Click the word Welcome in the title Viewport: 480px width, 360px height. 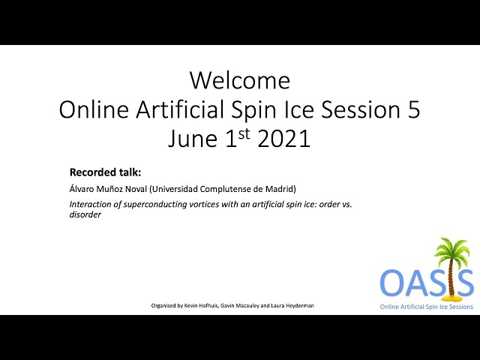240,80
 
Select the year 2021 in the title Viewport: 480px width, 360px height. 284,139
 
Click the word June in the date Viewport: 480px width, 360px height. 193,139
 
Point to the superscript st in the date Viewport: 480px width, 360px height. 244,134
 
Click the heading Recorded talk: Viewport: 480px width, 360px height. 105,172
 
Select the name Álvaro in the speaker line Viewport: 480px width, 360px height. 82,188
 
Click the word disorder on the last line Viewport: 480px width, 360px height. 85,214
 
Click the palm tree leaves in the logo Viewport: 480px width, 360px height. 451,250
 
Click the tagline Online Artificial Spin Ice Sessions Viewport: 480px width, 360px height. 427,307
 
